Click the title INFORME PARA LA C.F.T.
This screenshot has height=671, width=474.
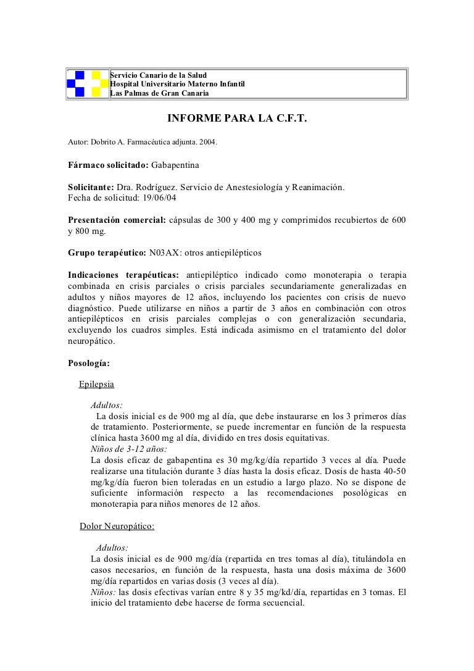pyautogui.click(x=237, y=118)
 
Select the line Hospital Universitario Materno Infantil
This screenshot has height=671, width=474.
pyautogui.click(x=178, y=84)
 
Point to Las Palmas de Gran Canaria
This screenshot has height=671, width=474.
pyautogui.click(x=159, y=93)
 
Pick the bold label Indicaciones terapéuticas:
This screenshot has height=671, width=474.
pyautogui.click(x=123, y=275)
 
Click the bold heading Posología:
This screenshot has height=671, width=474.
pyautogui.click(x=89, y=363)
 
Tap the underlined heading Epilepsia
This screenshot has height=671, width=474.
pyautogui.click(x=96, y=384)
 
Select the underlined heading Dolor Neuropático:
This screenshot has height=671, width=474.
pyautogui.click(x=117, y=526)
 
